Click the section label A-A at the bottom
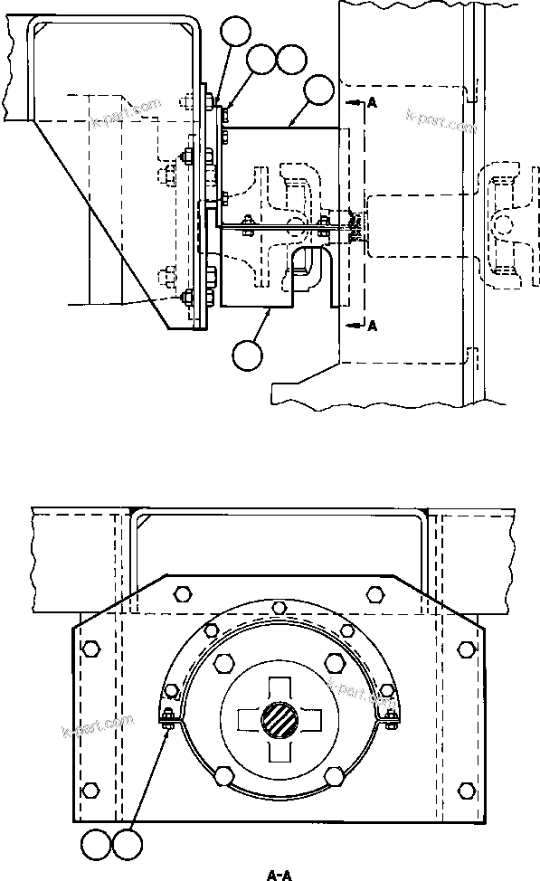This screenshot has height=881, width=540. click(x=278, y=874)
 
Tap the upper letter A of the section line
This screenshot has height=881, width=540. click(x=372, y=104)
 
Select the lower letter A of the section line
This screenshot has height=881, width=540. click(x=372, y=327)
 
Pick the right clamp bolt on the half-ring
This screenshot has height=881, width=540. click(x=390, y=720)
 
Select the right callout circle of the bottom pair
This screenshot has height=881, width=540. click(x=126, y=848)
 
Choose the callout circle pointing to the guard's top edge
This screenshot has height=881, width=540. click(x=319, y=90)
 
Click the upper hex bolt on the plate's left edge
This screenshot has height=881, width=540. click(x=90, y=649)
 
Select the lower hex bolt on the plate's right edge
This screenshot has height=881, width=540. click(x=466, y=790)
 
